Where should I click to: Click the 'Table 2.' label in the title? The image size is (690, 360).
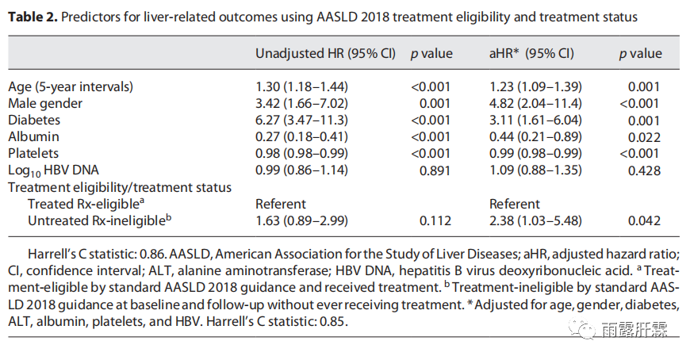coord(33,16)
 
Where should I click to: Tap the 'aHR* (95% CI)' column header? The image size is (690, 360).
coord(531,54)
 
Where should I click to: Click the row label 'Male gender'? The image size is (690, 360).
coord(45,103)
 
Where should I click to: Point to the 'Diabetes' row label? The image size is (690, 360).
coord(34,120)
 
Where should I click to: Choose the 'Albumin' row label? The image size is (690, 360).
coord(33,136)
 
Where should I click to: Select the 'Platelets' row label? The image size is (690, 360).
coord(35,153)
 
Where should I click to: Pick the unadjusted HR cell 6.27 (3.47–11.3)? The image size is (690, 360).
coord(302,120)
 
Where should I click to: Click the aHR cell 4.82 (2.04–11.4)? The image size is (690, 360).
coord(536,103)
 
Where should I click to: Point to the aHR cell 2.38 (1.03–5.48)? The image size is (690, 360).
coord(536,220)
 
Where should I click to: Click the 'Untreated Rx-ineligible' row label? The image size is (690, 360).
coord(100,220)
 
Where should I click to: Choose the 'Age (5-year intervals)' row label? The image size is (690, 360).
coord(71,86)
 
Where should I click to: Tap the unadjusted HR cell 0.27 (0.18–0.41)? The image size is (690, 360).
coord(302,136)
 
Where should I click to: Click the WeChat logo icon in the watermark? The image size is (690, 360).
coord(587,329)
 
